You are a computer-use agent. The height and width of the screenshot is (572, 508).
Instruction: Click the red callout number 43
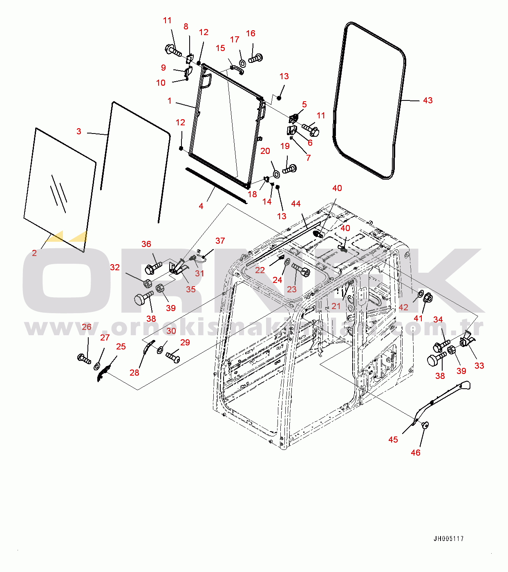[428, 100]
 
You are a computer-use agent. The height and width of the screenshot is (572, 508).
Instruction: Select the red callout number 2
[34, 253]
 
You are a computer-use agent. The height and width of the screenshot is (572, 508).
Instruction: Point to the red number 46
[416, 452]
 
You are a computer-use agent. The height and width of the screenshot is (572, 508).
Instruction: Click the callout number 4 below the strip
[201, 206]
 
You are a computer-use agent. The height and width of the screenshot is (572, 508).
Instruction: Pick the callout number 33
[479, 366]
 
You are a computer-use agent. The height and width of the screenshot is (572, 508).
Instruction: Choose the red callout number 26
[87, 327]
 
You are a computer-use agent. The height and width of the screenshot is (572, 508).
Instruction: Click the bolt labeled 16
[255, 58]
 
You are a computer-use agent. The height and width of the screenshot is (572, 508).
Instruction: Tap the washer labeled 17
[242, 63]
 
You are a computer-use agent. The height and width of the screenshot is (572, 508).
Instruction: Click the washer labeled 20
[276, 174]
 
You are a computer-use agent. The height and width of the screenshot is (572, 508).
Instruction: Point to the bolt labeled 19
[289, 169]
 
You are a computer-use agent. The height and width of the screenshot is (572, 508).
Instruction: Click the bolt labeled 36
[153, 268]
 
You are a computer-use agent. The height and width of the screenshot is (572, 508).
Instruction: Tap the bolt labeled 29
[173, 356]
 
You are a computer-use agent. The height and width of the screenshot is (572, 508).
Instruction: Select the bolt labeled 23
[301, 269]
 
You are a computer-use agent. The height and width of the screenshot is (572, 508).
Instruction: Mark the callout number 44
[296, 204]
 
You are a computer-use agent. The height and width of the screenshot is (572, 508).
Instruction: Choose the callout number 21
[336, 306]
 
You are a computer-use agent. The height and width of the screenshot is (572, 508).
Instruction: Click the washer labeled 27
[97, 366]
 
